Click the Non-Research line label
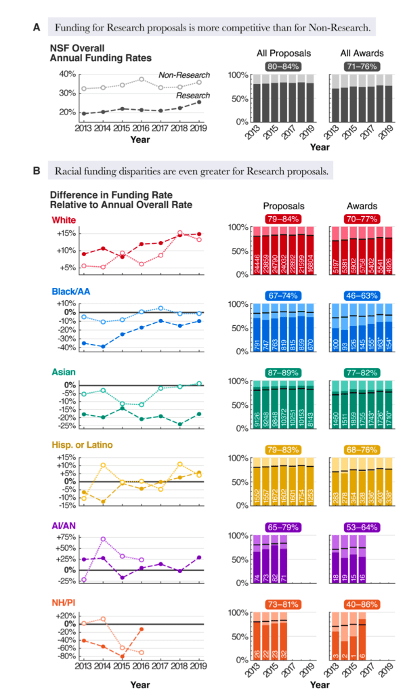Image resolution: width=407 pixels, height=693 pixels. pos(184,75)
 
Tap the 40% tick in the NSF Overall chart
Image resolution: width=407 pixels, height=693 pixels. pos(66,73)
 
